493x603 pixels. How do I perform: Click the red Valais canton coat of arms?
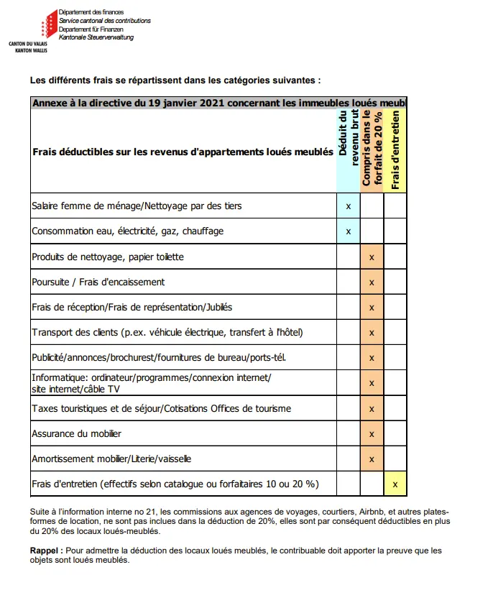47,24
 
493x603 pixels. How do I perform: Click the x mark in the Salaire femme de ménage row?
349,206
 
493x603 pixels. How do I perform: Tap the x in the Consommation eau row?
349,231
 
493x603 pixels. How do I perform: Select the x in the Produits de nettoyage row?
372,257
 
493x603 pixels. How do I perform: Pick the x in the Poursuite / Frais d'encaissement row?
372,282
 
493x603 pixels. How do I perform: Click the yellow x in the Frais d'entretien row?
395,484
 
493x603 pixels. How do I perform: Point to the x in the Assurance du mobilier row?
372,434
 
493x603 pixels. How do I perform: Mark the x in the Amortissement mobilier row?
372,459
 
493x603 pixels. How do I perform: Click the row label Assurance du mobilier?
76,433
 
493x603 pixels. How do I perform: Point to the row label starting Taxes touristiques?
161,408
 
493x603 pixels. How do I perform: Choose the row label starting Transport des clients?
167,332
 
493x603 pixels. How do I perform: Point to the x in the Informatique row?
372,383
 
